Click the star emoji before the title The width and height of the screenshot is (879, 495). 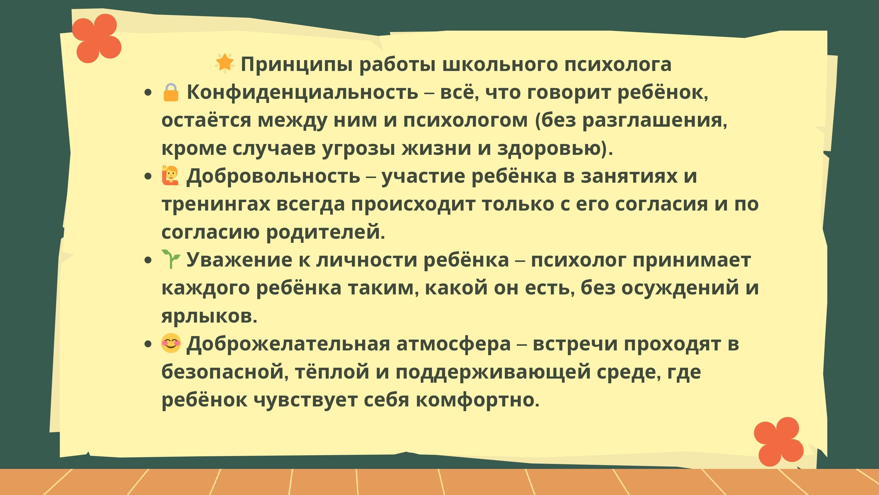point(224,63)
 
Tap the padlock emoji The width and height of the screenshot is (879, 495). point(171,92)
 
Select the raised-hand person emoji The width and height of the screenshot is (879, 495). point(170,176)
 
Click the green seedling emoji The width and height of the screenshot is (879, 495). point(171,259)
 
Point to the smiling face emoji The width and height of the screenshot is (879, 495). point(171,343)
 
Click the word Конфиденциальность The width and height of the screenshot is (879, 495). point(302,92)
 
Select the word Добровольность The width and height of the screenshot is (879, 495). point(273,176)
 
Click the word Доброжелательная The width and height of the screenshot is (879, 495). point(288,343)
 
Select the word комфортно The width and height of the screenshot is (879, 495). point(477,400)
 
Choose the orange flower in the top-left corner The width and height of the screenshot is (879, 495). point(97,38)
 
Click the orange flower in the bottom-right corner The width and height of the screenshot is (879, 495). point(779,441)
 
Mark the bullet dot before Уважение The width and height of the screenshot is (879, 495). point(148,260)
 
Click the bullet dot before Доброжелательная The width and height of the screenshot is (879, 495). point(148,344)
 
